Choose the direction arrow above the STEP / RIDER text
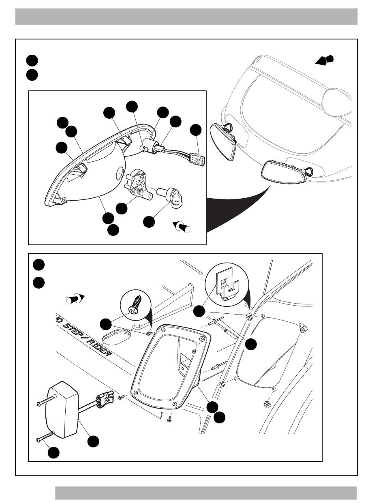[x=75, y=300]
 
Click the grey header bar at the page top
[x=186, y=16]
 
